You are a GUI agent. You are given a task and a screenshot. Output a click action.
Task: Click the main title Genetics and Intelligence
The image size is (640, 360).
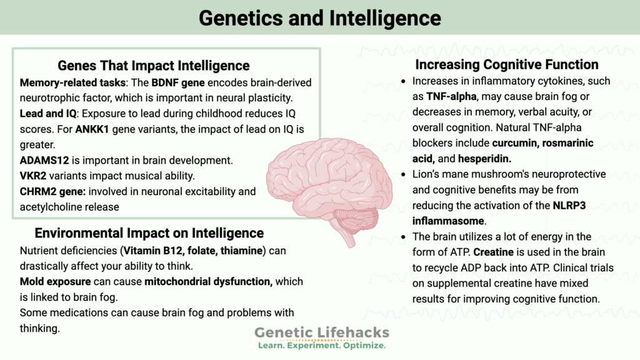(320, 17)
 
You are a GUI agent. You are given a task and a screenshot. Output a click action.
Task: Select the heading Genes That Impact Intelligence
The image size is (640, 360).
(154, 66)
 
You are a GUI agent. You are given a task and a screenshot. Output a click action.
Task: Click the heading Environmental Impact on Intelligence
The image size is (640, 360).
(149, 233)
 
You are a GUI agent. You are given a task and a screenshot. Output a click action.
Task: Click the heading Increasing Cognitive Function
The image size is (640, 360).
(507, 64)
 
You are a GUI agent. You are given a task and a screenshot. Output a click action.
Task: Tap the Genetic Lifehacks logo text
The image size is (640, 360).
(321, 332)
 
